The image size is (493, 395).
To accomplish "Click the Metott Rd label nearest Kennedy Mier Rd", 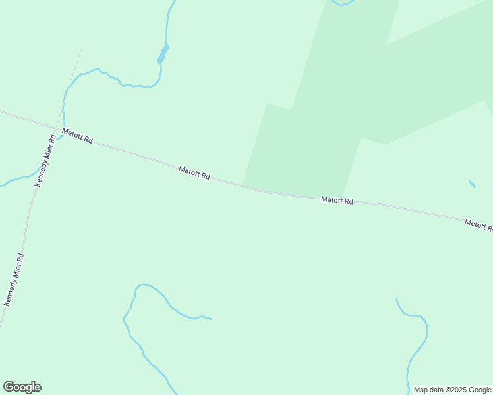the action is coord(78,136).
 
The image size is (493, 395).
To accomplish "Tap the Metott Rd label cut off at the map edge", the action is coord(478,225).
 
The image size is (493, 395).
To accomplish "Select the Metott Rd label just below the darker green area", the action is coord(337,200).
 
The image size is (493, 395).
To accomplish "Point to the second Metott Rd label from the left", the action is coord(194,173).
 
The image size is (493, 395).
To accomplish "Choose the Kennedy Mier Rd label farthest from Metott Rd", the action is coord(14,280).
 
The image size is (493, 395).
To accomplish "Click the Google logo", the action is coord(22,387).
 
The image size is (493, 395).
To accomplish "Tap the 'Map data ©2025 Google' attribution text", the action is coord(452,390).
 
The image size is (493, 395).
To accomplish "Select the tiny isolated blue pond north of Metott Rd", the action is coord(472,184).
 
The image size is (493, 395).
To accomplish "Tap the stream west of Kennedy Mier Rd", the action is coord(16,180).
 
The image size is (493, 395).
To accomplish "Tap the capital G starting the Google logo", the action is coord(9,387).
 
